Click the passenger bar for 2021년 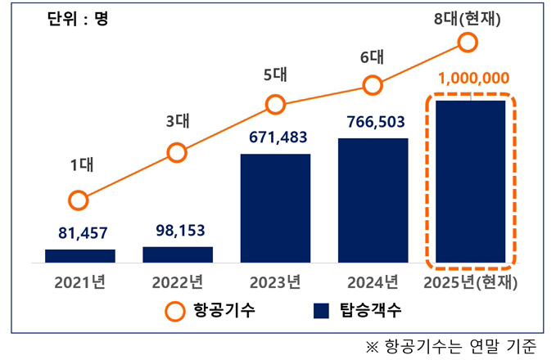point(79,256)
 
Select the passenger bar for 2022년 point(178,254)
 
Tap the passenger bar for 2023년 point(275,208)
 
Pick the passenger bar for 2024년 point(373,200)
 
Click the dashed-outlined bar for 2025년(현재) point(470,181)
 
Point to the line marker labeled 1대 point(79,200)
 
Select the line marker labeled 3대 point(177,152)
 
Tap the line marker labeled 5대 point(275,105)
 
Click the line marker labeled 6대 point(373,85)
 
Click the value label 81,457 point(79,233)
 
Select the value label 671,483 point(275,137)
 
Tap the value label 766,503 point(373,121)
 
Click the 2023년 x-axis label point(275,283)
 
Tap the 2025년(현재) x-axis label point(470,283)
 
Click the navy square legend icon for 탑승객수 point(321,310)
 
